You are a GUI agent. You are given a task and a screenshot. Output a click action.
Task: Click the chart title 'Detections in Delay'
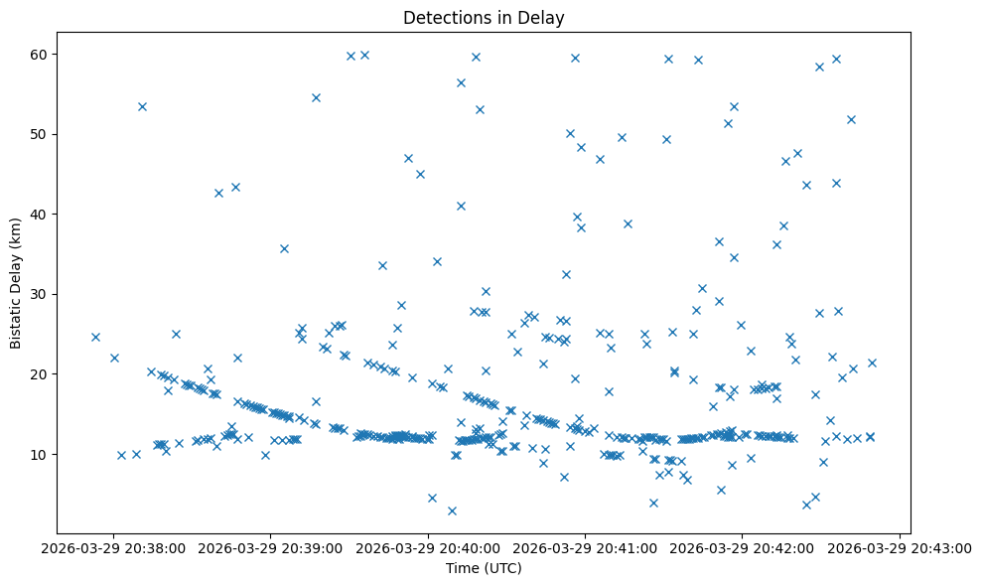coord(484,17)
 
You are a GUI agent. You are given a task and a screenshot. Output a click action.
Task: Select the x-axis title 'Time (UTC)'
coord(484,568)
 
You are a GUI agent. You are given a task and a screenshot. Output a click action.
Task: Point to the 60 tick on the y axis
coord(43,54)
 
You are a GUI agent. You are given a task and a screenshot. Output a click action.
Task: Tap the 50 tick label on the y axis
coord(43,134)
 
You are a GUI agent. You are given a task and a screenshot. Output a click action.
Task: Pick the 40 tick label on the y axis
coord(43,214)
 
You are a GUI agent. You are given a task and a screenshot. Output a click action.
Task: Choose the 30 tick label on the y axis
coord(43,294)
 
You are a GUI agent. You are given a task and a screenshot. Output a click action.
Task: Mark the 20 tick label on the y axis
coord(43,374)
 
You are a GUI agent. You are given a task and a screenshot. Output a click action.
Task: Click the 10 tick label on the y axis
coord(43,454)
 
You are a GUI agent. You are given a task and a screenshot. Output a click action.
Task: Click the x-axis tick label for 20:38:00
coord(113,547)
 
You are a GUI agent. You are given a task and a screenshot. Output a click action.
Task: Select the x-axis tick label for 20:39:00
coord(271,547)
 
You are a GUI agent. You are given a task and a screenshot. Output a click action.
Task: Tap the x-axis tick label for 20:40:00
coord(429,547)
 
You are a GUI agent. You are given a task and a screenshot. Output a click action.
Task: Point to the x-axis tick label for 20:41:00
coord(586,547)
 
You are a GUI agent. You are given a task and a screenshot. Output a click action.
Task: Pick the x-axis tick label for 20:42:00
coord(744,547)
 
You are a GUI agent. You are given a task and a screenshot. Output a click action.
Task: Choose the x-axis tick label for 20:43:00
coord(901,547)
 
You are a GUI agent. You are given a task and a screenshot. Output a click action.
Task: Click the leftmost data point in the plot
coord(95,337)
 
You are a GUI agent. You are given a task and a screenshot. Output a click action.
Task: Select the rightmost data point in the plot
coord(872,363)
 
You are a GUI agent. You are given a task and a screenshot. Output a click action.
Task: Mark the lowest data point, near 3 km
coord(452,511)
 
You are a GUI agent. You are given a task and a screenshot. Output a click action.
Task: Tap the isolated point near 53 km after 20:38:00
coord(142,106)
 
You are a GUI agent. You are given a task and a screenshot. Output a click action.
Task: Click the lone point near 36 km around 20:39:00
coord(284,248)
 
